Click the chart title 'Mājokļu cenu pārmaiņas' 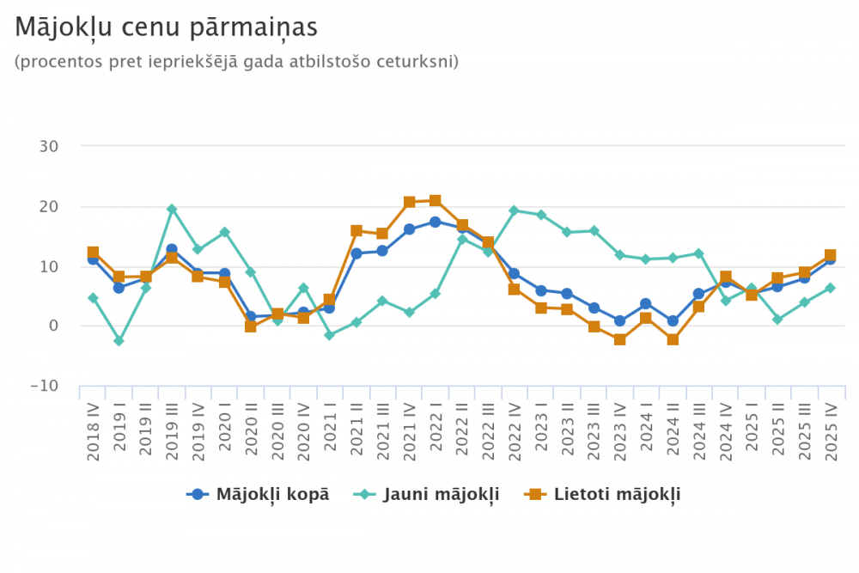coord(167,27)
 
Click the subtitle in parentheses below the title coord(237,62)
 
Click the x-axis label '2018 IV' coord(93,430)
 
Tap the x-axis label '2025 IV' coord(831,430)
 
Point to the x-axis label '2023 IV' coord(619,430)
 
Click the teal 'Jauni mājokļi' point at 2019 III coord(172,209)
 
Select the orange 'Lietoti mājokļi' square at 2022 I coord(436,201)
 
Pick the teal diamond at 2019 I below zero coord(119,341)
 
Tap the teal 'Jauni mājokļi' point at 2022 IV coord(515,210)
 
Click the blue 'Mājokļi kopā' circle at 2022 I coord(436,222)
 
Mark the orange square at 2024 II coord(673,339)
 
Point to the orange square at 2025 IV coord(831,256)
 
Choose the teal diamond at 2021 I coord(330,335)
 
